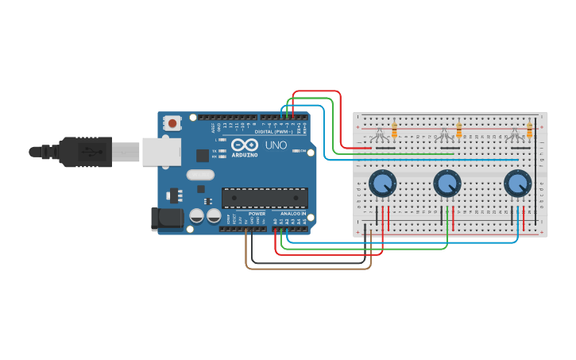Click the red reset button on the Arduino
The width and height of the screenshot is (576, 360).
pyautogui.click(x=172, y=123)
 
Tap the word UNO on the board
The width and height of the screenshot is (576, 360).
pyautogui.click(x=275, y=145)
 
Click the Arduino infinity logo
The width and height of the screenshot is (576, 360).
pyautogui.click(x=245, y=145)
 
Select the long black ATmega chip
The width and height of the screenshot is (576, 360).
pyautogui.click(x=265, y=198)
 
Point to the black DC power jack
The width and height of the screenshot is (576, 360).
pyautogui.click(x=164, y=218)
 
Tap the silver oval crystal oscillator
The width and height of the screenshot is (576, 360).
pyautogui.click(x=200, y=175)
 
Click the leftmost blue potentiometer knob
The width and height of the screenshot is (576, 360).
pyautogui.click(x=382, y=184)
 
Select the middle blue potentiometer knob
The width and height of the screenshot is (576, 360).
pyautogui.click(x=446, y=184)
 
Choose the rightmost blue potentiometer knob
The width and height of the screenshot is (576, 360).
pyautogui.click(x=517, y=184)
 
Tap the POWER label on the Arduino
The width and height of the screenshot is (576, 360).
pyautogui.click(x=257, y=213)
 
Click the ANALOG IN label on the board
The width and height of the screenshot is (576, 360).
pyautogui.click(x=292, y=213)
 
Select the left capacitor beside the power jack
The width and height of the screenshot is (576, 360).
pyautogui.click(x=196, y=215)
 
